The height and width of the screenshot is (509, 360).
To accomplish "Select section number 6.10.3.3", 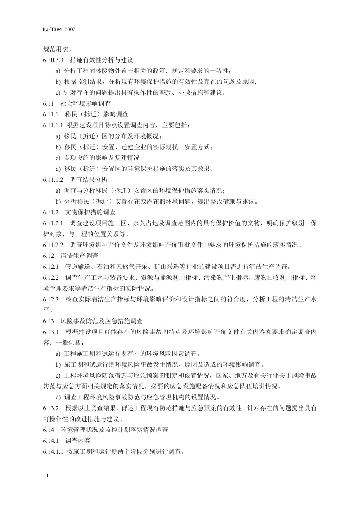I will point(53,59).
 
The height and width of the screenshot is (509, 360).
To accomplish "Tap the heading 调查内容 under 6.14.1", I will point(78,441).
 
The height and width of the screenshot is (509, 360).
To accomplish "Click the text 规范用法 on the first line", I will point(57,48).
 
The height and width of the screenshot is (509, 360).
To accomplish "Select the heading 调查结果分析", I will point(89,179).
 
